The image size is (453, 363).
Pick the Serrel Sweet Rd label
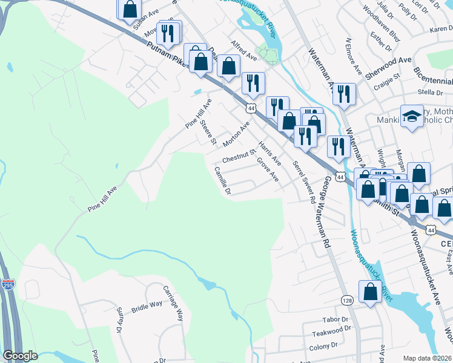(305, 181)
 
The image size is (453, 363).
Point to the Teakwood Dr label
(331, 331)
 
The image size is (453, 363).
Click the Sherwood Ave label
(388, 65)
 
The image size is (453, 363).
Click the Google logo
(20, 356)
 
